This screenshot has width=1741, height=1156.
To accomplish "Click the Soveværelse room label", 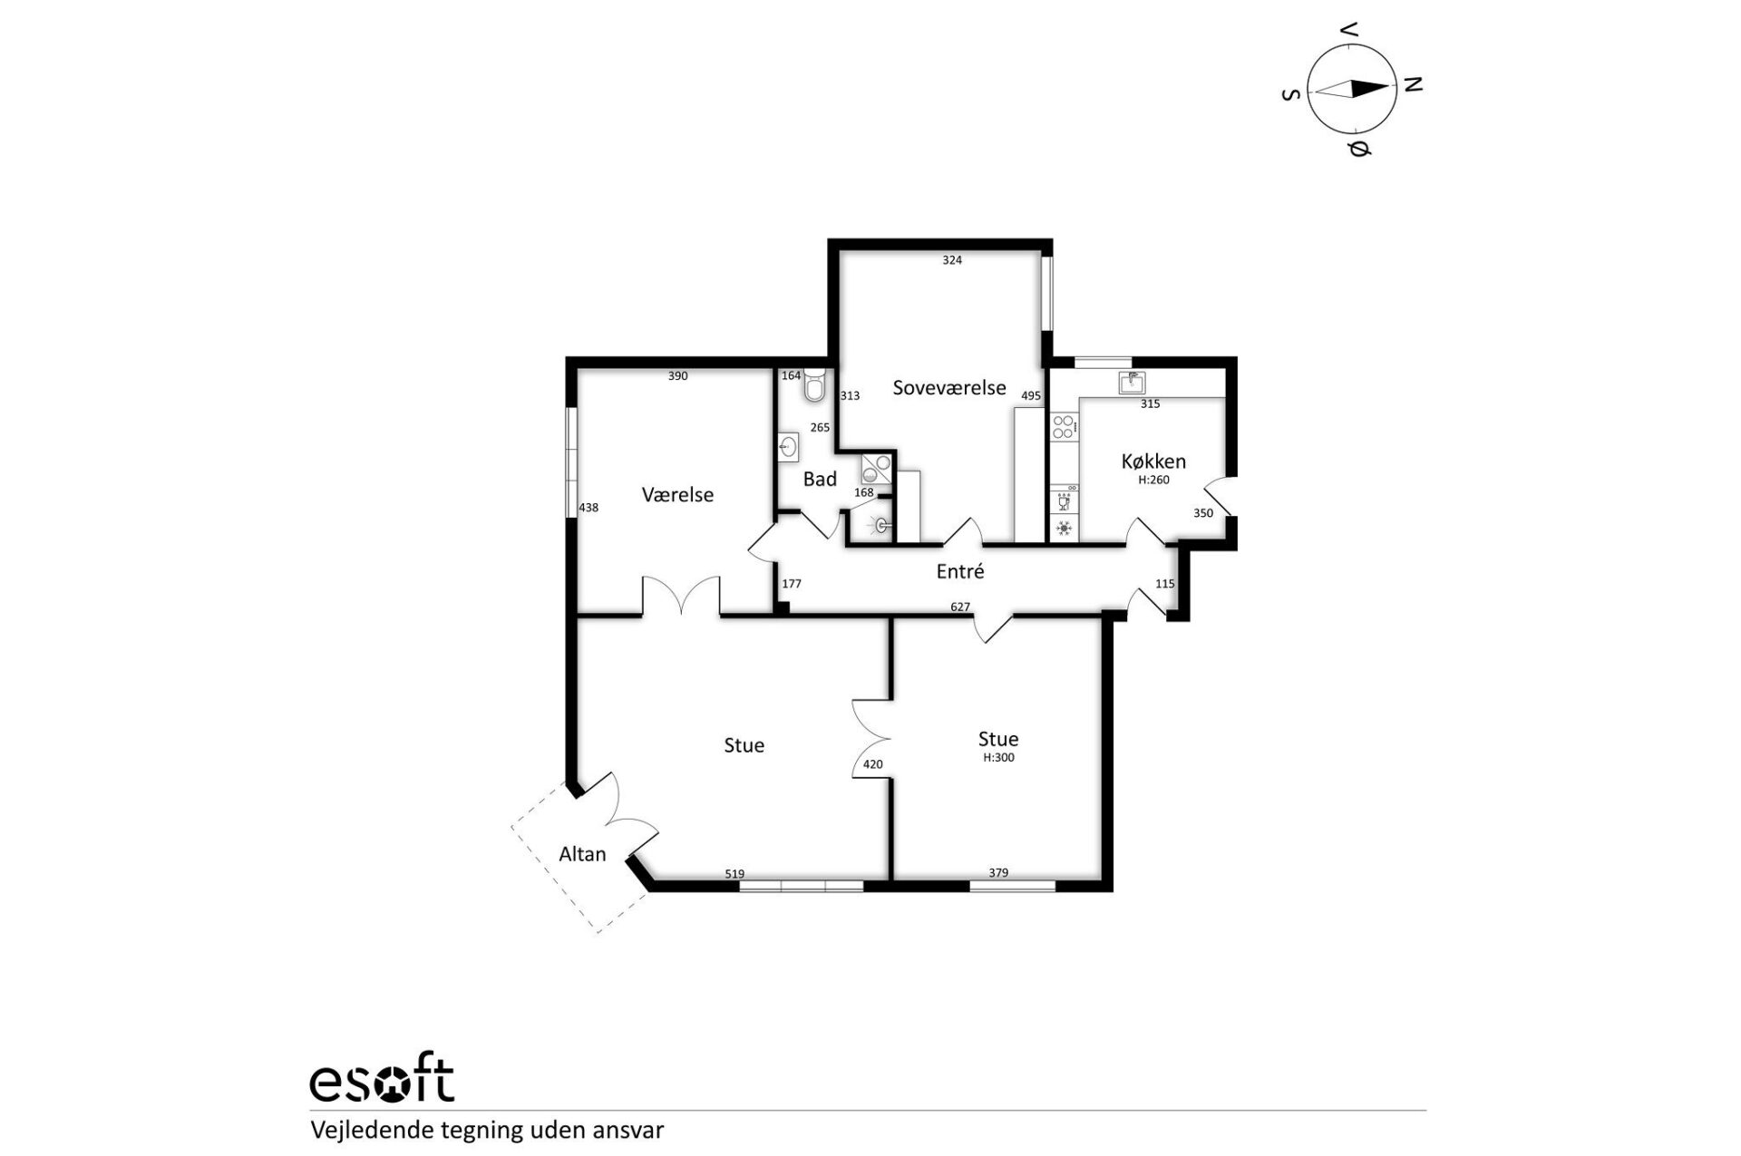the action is coord(949,388).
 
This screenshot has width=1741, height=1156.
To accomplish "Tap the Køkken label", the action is coord(1153,461).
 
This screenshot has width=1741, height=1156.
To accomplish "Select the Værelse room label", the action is coord(677,494).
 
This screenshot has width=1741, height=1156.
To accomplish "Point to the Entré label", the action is coord(960,571).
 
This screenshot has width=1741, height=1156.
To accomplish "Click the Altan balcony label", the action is coord(582,853).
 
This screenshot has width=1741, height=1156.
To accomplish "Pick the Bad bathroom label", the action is coord(820,479).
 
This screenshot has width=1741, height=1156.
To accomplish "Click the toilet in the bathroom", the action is coord(813,385).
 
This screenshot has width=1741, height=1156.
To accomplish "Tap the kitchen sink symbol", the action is coord(1132,382).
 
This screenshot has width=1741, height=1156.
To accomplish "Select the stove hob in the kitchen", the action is coord(1064,427).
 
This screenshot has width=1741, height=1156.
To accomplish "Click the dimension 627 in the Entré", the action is coord(960,607).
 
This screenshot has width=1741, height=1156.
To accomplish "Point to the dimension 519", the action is coord(734,874).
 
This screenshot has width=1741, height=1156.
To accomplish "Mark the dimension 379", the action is coord(998,873).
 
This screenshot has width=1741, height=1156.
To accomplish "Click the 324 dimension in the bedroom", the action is coord(952,260).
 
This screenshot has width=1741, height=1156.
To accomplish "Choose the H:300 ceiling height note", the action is coord(998,758).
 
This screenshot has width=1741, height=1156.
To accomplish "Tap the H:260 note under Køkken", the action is coord(1153,481).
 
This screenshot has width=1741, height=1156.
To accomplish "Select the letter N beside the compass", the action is coord(1413,84).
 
